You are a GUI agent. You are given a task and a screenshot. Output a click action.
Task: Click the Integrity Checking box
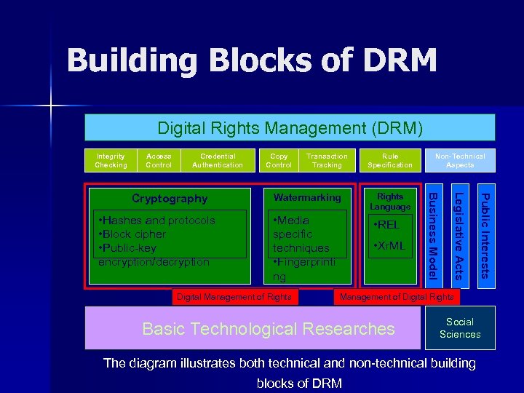(x=111, y=160)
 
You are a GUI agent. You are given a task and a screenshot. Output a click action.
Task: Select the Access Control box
(x=159, y=160)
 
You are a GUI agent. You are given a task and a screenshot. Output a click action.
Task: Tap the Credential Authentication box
(x=218, y=160)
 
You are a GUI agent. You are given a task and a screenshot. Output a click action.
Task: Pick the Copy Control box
(x=279, y=160)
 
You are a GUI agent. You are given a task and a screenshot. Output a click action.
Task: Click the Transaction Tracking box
(x=327, y=160)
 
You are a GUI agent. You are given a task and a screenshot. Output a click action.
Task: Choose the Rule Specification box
(x=390, y=160)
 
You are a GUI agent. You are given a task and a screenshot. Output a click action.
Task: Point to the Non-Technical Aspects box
(x=460, y=160)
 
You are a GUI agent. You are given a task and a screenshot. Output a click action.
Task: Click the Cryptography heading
(x=170, y=199)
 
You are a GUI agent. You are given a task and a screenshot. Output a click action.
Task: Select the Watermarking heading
(x=307, y=197)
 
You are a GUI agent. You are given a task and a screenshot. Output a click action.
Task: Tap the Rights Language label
(x=390, y=202)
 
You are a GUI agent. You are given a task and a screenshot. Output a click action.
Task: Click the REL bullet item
(x=386, y=225)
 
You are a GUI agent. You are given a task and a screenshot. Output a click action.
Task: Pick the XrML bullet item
(x=389, y=246)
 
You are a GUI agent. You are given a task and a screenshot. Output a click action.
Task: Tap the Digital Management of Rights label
(x=234, y=296)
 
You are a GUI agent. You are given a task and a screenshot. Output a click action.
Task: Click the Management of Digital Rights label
(x=397, y=296)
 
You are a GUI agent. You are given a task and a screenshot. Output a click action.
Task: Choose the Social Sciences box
(x=460, y=327)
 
